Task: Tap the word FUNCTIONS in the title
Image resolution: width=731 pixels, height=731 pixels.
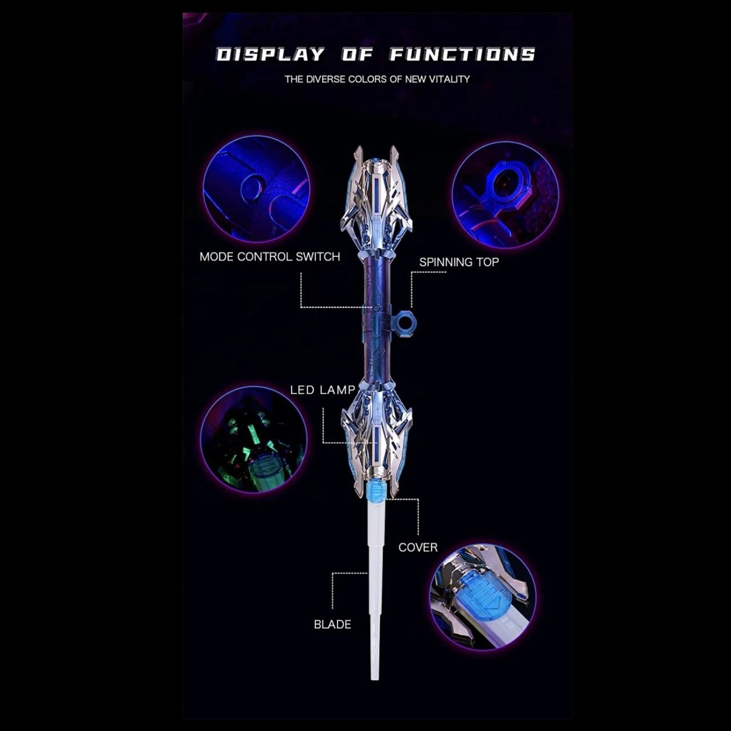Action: pyautogui.click(x=463, y=54)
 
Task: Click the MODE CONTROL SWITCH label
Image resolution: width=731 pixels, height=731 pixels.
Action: pyautogui.click(x=270, y=257)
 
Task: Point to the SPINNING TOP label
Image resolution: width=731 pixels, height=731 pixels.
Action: pyautogui.click(x=459, y=262)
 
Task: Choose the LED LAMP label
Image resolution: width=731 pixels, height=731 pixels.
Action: pyautogui.click(x=323, y=390)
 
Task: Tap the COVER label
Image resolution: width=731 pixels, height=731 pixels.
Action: pyautogui.click(x=417, y=547)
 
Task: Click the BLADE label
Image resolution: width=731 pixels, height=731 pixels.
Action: pyautogui.click(x=332, y=624)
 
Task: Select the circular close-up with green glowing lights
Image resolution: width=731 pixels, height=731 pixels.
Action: pyautogui.click(x=254, y=440)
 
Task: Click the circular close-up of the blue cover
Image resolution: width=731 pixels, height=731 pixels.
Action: pyautogui.click(x=483, y=597)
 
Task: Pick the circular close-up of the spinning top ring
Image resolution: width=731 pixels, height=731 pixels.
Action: pyautogui.click(x=505, y=195)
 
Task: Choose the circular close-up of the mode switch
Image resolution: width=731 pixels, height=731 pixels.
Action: pyautogui.click(x=256, y=189)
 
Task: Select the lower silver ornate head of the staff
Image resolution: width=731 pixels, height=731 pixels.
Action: pyautogui.click(x=376, y=438)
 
